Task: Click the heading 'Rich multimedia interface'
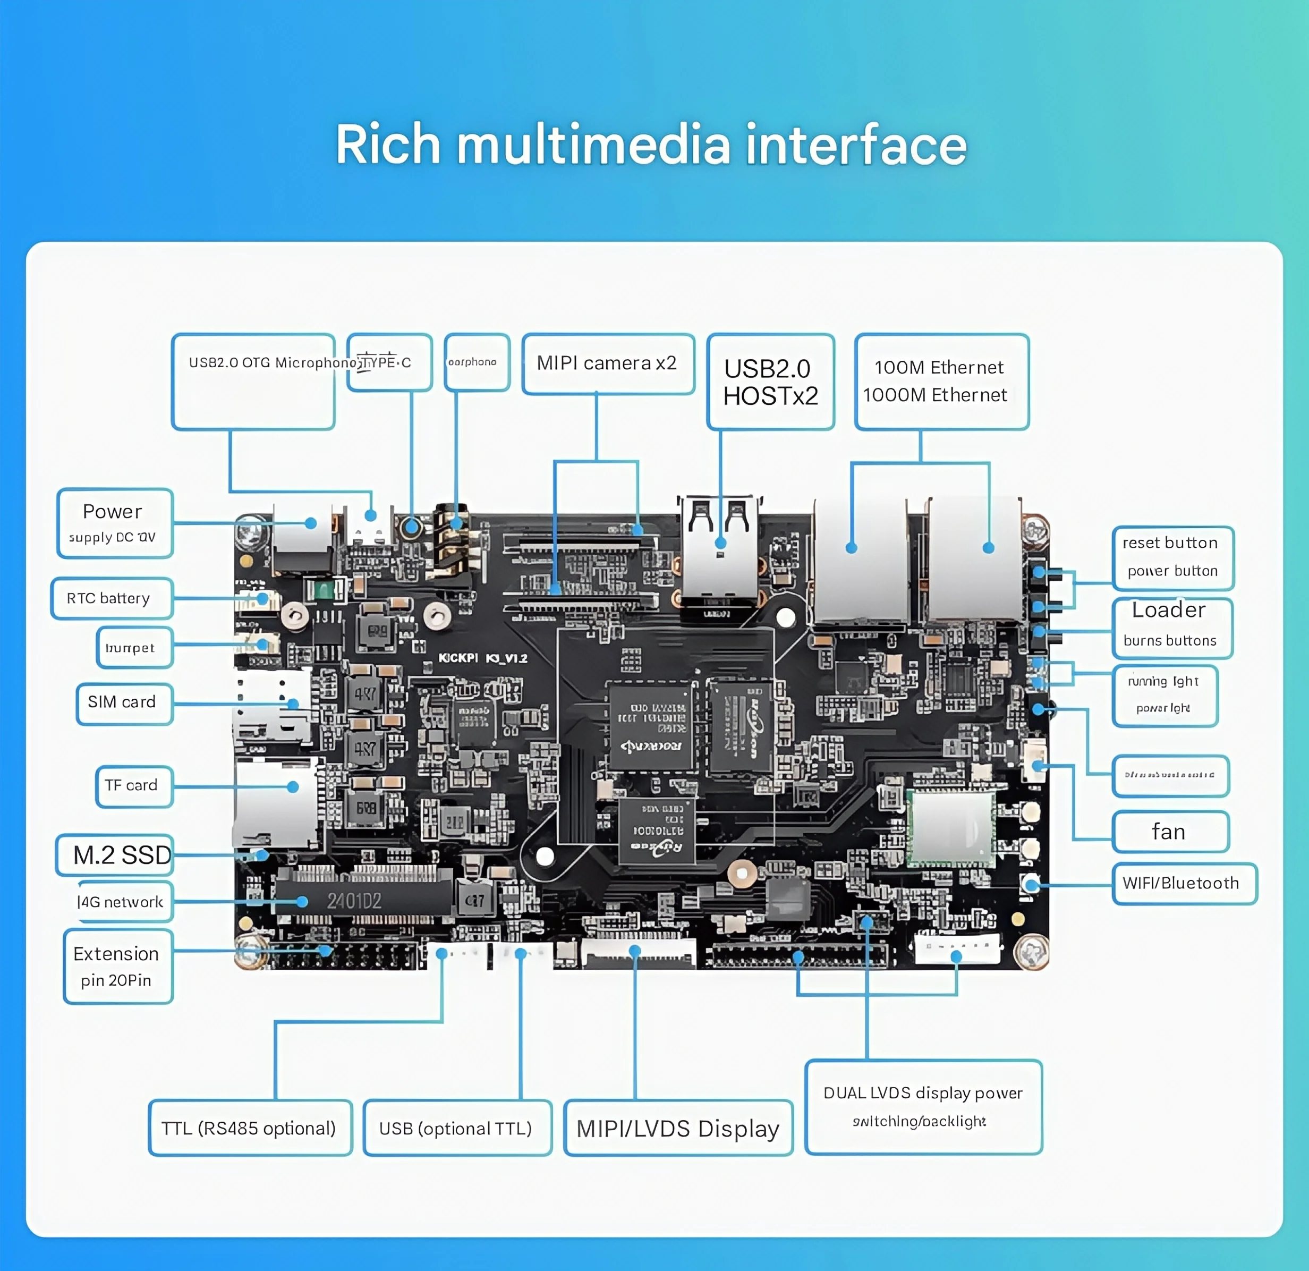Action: (x=651, y=145)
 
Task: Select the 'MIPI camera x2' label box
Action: (x=608, y=364)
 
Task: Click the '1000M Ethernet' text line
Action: (x=934, y=395)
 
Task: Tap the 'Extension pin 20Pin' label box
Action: (x=117, y=967)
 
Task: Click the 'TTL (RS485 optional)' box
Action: (x=250, y=1128)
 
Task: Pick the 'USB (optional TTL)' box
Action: (x=457, y=1128)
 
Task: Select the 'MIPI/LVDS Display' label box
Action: (x=678, y=1128)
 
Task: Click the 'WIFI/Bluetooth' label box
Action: (x=1182, y=883)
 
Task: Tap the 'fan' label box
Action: (x=1169, y=832)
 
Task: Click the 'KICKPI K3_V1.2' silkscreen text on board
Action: (x=482, y=658)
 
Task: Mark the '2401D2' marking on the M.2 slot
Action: (x=354, y=901)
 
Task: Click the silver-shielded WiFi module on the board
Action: (x=950, y=829)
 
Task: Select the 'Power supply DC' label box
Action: (x=115, y=523)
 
